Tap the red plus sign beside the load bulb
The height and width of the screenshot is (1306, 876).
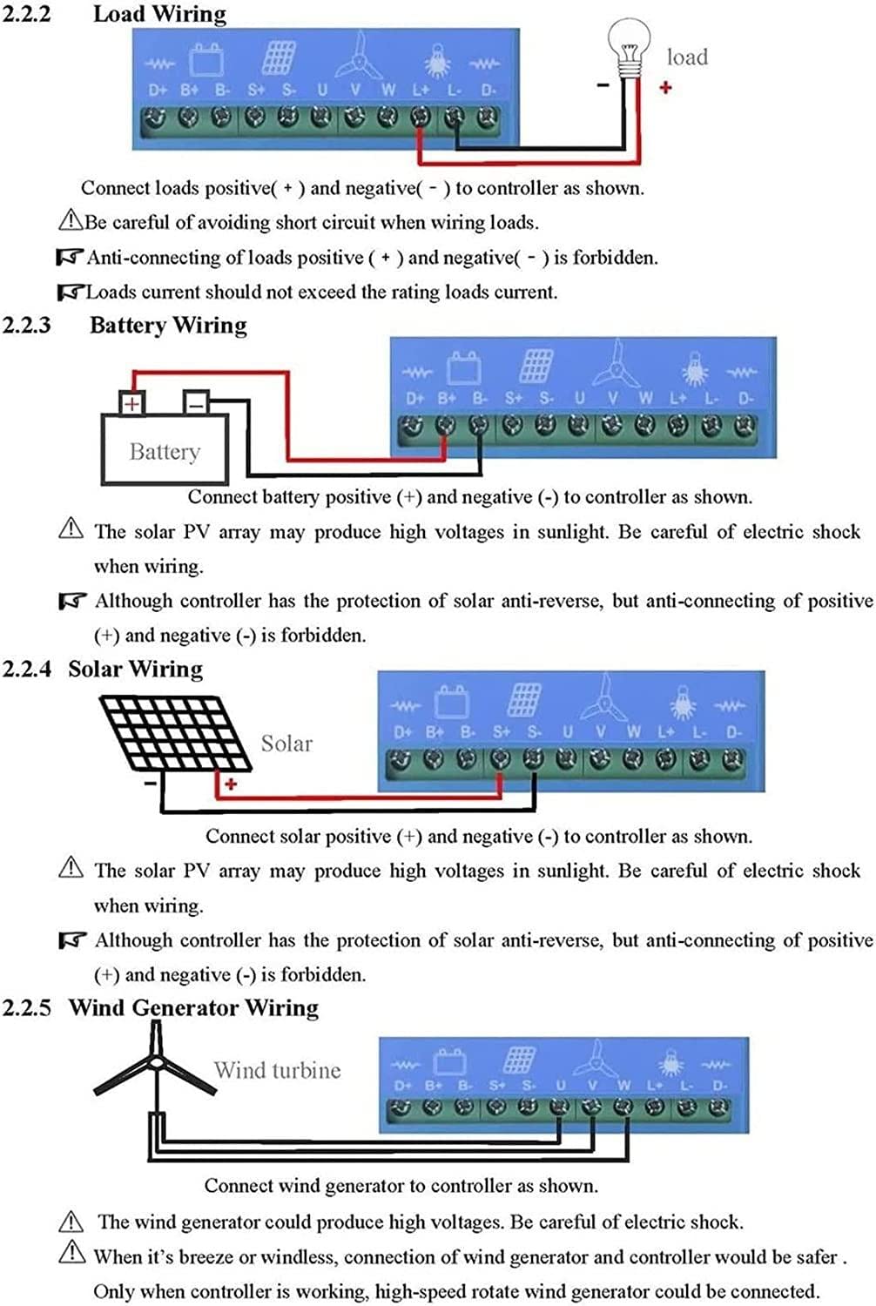(665, 87)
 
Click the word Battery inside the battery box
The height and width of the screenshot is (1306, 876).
(165, 452)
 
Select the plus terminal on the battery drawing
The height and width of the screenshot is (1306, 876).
(131, 403)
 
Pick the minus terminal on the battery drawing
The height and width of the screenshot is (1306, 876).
(196, 403)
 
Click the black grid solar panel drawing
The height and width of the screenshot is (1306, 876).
(175, 733)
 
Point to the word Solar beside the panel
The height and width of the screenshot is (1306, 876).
(286, 744)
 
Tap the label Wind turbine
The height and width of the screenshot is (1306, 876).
(278, 1070)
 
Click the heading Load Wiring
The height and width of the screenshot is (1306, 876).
(160, 14)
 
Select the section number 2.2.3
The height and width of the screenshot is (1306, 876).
(26, 325)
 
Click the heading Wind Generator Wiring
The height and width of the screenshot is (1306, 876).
(193, 1007)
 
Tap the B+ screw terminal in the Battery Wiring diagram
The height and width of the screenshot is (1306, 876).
(446, 426)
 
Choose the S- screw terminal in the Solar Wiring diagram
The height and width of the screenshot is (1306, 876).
(533, 758)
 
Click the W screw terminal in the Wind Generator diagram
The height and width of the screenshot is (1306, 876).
(623, 1106)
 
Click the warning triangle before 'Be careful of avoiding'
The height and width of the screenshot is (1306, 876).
(71, 219)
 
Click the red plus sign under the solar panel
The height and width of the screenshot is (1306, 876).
(231, 784)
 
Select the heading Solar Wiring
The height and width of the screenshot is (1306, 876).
(135, 669)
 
